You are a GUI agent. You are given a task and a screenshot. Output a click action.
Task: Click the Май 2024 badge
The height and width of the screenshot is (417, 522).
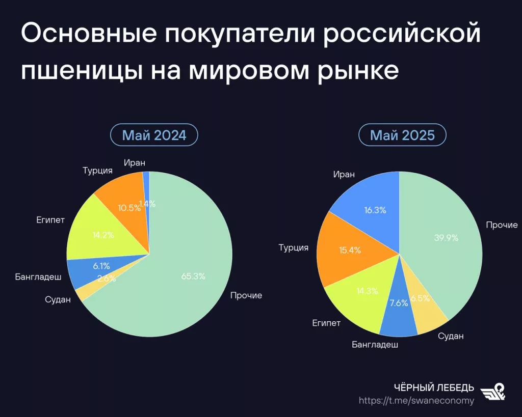(x=154, y=135)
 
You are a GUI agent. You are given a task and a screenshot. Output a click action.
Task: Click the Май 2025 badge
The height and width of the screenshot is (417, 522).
(x=402, y=135)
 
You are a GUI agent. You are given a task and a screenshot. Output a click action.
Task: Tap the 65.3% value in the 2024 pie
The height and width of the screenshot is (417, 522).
(x=193, y=276)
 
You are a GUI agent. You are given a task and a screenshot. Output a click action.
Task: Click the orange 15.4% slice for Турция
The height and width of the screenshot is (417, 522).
(x=350, y=250)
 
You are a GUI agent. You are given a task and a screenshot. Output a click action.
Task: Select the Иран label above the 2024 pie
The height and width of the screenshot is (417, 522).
(x=135, y=163)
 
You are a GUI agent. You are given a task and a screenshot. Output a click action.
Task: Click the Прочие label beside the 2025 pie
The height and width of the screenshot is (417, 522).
(x=502, y=225)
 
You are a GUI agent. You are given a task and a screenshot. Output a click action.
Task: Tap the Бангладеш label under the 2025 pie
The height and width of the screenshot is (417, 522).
(x=375, y=344)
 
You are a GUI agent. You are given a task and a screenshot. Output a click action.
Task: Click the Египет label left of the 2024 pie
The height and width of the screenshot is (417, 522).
(x=50, y=220)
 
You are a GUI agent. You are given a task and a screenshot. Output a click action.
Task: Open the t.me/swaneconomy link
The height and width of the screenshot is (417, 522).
(x=416, y=400)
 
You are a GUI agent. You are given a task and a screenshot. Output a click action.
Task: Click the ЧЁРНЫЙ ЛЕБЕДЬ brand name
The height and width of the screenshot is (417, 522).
(x=434, y=387)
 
